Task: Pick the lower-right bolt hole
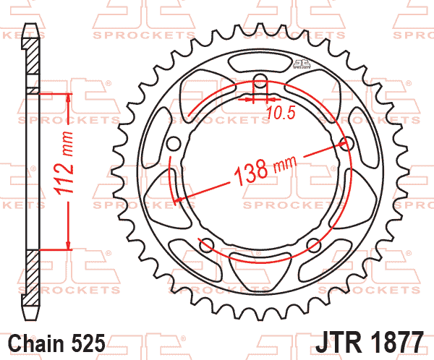pos(313,243)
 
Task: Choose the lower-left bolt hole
pos(207,243)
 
